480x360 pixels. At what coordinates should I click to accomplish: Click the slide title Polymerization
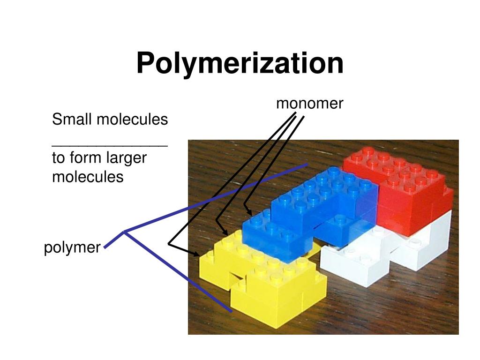[240, 63]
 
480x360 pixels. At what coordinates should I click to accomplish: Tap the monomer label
[310, 103]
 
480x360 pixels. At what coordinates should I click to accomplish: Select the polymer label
[72, 247]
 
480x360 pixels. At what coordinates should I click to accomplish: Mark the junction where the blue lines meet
[124, 231]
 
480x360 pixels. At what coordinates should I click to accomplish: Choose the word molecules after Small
[132, 120]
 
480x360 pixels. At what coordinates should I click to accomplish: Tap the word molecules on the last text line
[88, 177]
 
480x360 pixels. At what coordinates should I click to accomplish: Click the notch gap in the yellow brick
[237, 281]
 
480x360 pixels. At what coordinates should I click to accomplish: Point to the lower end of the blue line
[231, 311]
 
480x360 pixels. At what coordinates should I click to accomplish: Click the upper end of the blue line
[307, 165]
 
